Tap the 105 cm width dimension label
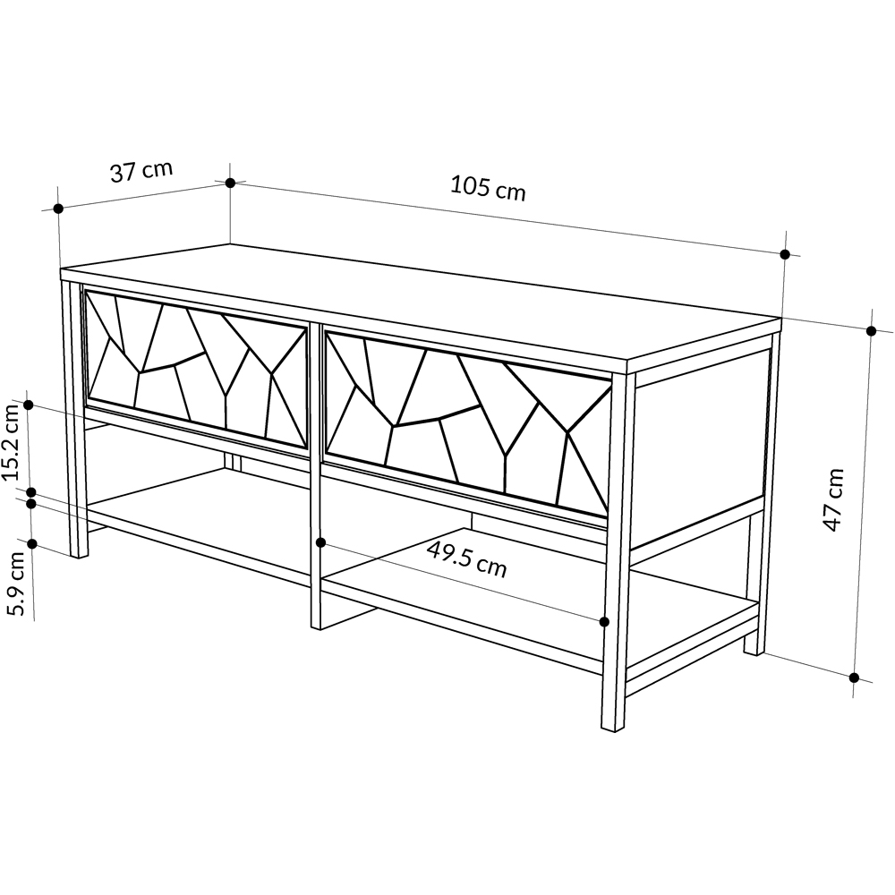(488, 188)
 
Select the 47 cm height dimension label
(834, 499)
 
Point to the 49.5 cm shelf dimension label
(466, 559)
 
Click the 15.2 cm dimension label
(13, 441)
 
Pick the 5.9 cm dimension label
(17, 584)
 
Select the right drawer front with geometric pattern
(468, 423)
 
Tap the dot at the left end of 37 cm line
(57, 209)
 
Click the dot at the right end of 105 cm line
(785, 254)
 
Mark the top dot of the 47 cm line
(871, 331)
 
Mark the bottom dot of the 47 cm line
(854, 678)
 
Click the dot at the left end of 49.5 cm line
(320, 542)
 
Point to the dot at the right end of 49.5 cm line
(605, 622)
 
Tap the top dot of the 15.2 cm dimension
(29, 405)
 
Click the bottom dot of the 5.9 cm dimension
(32, 544)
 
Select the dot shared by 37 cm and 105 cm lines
(230, 183)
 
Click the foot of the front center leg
(316, 626)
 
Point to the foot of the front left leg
(79, 554)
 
